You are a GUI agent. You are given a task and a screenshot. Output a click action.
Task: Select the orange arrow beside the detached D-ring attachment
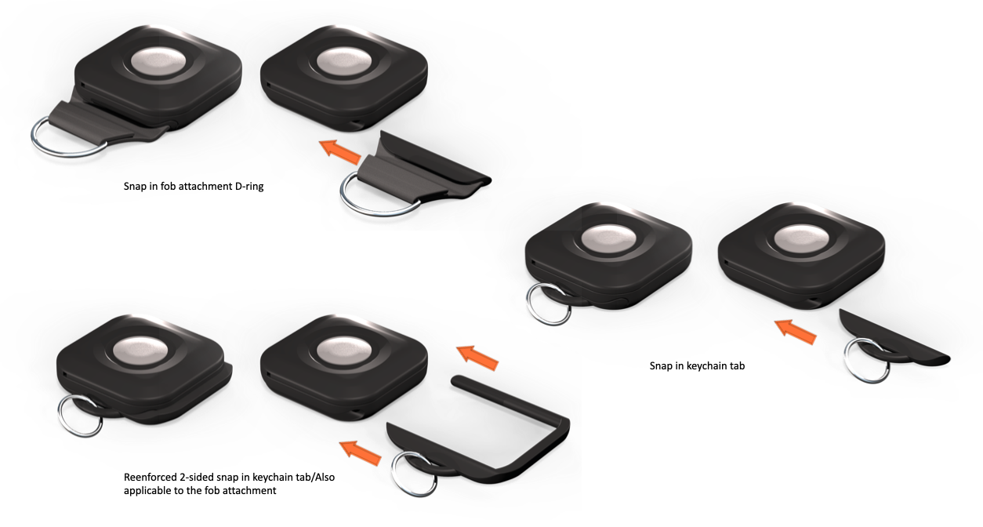[339, 151]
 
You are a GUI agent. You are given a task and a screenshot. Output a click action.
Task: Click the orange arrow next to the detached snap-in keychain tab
[795, 332]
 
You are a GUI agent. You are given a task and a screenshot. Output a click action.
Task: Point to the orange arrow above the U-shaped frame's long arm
[477, 358]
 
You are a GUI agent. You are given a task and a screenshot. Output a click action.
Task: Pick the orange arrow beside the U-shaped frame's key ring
[360, 453]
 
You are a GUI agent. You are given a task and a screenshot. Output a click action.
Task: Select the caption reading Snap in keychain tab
[697, 365]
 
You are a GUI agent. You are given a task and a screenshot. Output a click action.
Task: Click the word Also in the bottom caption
[325, 477]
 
